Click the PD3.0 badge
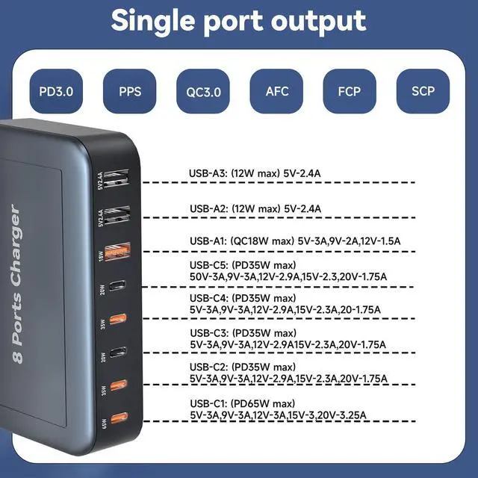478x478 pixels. [56, 92]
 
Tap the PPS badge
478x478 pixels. [129, 92]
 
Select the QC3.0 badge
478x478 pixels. [203, 93]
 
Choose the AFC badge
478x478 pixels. [276, 92]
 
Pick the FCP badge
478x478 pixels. [349, 92]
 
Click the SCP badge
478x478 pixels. [423, 92]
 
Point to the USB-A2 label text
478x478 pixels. [208, 208]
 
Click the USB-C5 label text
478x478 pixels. [208, 265]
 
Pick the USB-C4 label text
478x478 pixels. [208, 297]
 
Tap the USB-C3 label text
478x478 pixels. [208, 332]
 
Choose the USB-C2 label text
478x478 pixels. [208, 367]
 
